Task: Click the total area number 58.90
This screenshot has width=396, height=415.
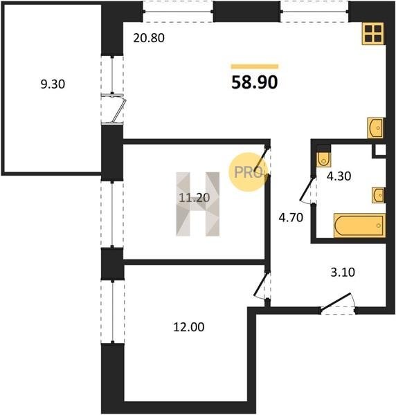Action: tap(255, 82)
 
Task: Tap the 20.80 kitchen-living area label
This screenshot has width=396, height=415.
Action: tap(149, 38)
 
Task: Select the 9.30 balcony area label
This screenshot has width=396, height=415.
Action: tap(53, 84)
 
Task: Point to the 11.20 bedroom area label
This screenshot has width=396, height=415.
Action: tap(195, 198)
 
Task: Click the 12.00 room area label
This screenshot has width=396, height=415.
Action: tap(189, 327)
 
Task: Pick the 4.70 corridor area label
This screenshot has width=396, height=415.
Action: tap(291, 218)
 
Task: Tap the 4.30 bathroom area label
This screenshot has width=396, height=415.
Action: tap(339, 176)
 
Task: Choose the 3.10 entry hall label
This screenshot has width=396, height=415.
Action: tap(343, 272)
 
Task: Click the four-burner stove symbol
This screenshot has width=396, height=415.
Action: tap(373, 33)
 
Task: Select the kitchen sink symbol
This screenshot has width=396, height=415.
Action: tap(375, 128)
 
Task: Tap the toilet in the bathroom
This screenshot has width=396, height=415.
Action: tap(323, 160)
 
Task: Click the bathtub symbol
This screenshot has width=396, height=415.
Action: tap(359, 225)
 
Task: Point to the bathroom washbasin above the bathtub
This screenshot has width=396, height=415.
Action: tap(378, 195)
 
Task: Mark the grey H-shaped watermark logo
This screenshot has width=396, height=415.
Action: tap(198, 204)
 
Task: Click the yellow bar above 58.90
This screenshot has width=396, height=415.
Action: tap(255, 66)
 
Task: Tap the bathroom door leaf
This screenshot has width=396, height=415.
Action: tap(307, 189)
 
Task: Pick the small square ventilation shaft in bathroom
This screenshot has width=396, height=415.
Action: tap(379, 151)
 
